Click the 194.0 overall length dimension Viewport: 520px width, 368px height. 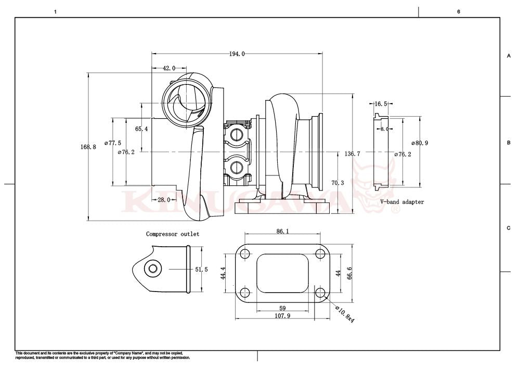click(x=237, y=54)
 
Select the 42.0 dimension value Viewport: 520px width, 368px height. click(x=169, y=68)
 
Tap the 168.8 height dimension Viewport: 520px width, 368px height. click(x=88, y=147)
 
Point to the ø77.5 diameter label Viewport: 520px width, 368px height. click(x=112, y=143)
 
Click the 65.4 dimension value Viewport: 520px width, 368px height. click(x=141, y=129)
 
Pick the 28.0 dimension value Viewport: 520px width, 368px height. click(x=164, y=200)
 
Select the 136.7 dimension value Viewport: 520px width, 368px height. click(x=352, y=154)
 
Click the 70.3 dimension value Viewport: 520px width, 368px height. click(x=337, y=183)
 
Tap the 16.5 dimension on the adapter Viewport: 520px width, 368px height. click(x=381, y=104)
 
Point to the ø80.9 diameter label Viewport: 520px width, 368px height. click(x=419, y=143)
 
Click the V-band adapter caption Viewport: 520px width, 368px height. click(x=402, y=202)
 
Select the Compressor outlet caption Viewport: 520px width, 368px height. click(x=172, y=234)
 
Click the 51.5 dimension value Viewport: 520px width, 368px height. click(x=201, y=270)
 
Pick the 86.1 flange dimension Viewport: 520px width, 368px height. click(x=283, y=231)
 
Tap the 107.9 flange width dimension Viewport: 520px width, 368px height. click(x=283, y=316)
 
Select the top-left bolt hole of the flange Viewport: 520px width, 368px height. click(x=245, y=254)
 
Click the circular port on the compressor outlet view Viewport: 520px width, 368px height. click(x=153, y=269)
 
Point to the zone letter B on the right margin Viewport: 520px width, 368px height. click(x=508, y=143)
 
